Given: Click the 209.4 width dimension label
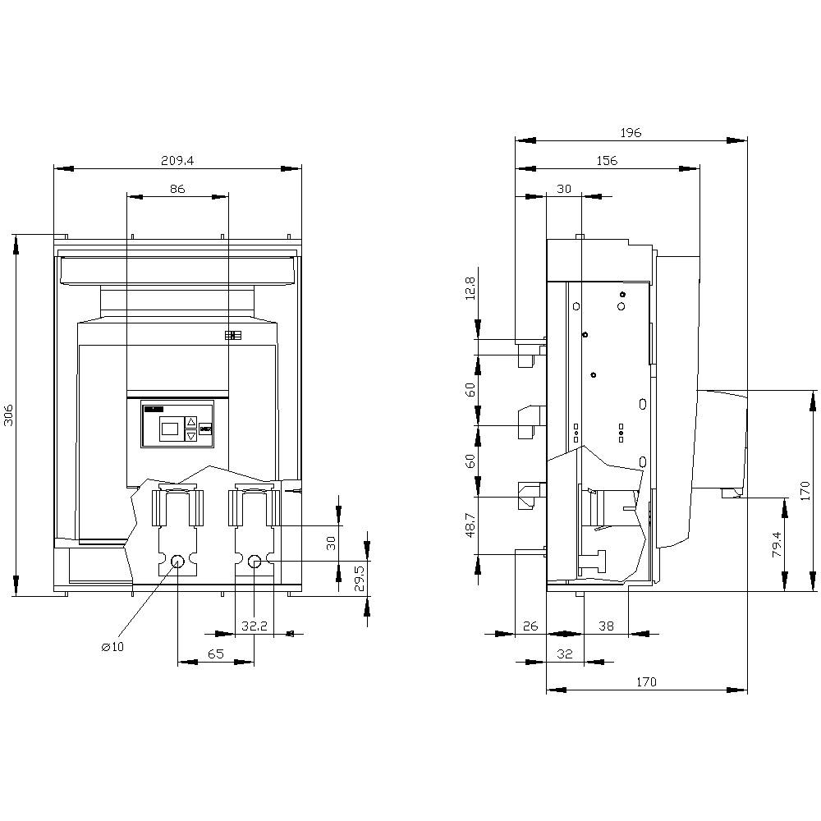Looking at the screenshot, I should coord(177,162).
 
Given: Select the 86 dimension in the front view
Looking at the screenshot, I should coord(177,189).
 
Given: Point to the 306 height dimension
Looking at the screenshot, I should coord(9,415).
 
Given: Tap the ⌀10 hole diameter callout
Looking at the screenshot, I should coord(112,647).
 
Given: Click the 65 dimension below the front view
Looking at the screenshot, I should coord(215,654).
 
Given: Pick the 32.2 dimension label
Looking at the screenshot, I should coord(255,626).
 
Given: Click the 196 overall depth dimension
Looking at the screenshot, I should coord(631,132).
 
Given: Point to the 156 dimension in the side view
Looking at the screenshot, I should coord(607,161).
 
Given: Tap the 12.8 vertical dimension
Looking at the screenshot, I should coord(470,290).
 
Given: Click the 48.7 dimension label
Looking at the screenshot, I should coord(470,525).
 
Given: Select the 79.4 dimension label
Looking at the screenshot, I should coord(776,544).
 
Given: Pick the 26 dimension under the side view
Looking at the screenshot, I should coord(530,626).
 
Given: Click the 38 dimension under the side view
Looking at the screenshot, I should coord(606,626).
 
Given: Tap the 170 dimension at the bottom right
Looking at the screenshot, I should coord(646,681).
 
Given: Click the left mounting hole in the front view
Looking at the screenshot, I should coord(177,561).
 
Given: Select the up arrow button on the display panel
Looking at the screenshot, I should coord(191,422).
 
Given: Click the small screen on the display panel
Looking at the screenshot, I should coord(169,428).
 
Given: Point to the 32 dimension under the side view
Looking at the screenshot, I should coord(564,654).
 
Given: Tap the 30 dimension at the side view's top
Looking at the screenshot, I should coord(563,189).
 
